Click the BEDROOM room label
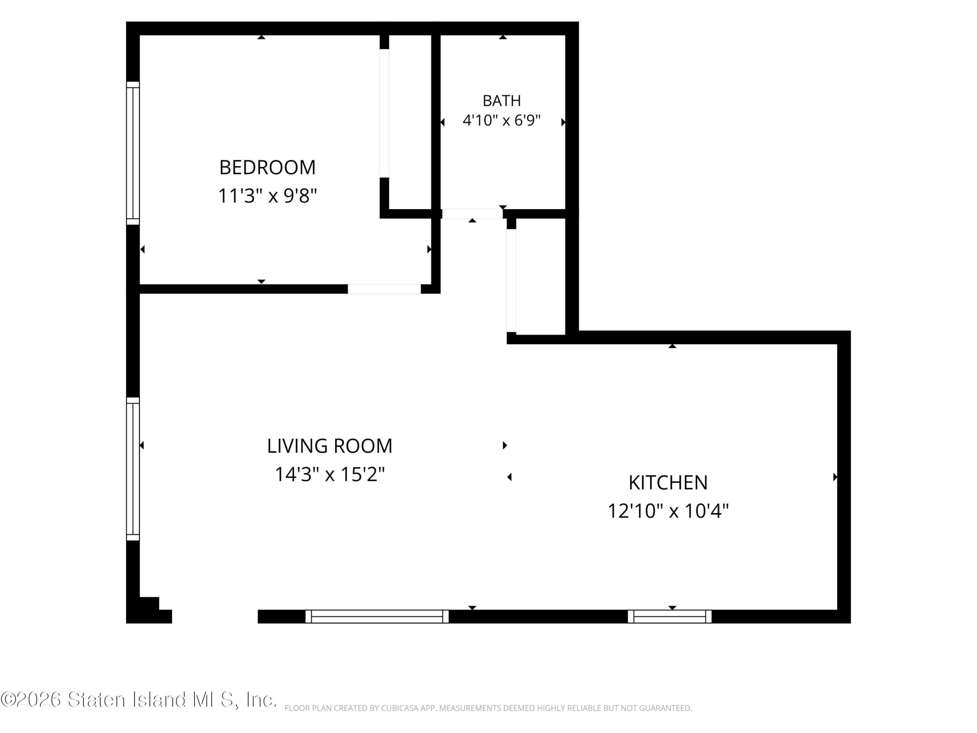pyautogui.click(x=267, y=168)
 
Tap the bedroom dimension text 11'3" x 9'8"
pyautogui.click(x=268, y=195)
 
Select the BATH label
pyautogui.click(x=502, y=101)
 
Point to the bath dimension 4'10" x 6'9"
pyautogui.click(x=502, y=120)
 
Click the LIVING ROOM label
pyautogui.click(x=329, y=446)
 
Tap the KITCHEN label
pyautogui.click(x=668, y=483)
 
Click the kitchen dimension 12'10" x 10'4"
pyautogui.click(x=668, y=511)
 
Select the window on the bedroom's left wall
pyautogui.click(x=133, y=153)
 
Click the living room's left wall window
pyautogui.click(x=133, y=469)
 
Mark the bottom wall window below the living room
pyautogui.click(x=377, y=616)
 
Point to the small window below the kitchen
pyautogui.click(x=670, y=616)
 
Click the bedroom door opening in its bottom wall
pyautogui.click(x=384, y=289)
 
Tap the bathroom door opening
pyautogui.click(x=472, y=214)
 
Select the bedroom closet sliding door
pyautogui.click(x=384, y=113)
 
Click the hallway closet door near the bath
pyautogui.click(x=511, y=281)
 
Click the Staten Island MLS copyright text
pyautogui.click(x=139, y=699)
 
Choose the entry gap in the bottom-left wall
pyautogui.click(x=214, y=616)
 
